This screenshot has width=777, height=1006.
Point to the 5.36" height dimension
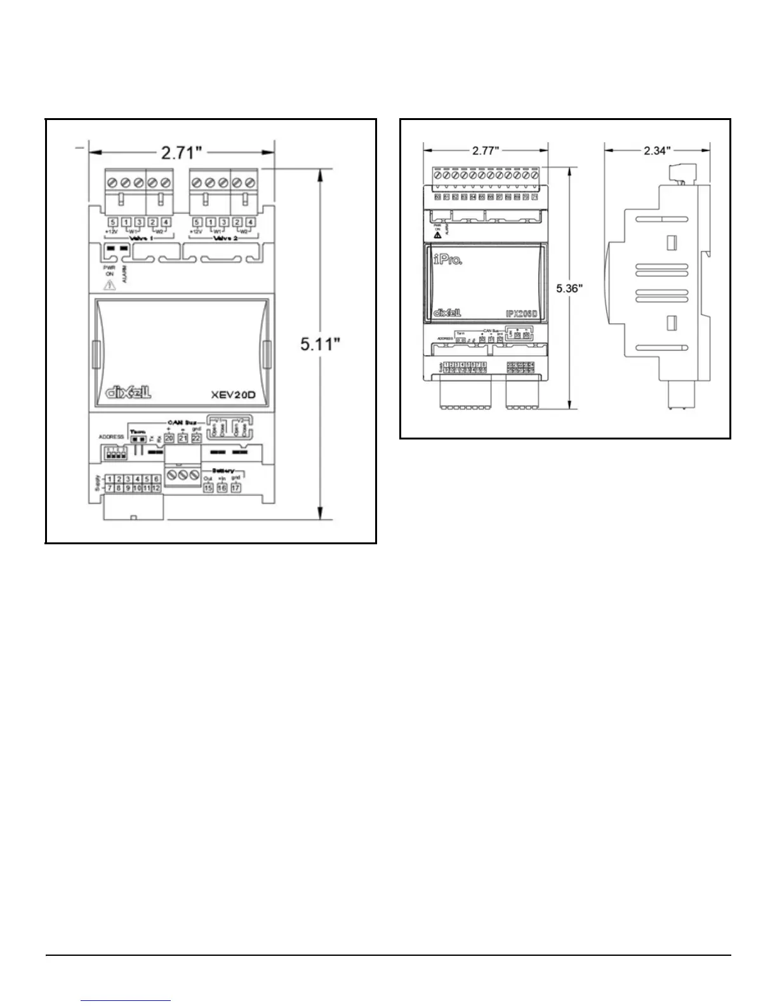pos(570,288)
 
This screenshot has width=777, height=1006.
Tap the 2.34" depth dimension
pos(657,150)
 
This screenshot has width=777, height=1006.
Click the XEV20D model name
pos(233,394)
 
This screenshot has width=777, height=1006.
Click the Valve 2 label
pos(223,239)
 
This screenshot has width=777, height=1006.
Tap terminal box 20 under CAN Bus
pos(169,438)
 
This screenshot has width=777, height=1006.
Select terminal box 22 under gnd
pos(196,438)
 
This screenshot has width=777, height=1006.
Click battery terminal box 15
pos(208,488)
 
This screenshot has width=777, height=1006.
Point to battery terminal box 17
pos(236,488)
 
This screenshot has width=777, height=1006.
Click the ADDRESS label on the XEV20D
pos(111,437)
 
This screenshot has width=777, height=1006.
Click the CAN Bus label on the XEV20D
pos(181,422)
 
